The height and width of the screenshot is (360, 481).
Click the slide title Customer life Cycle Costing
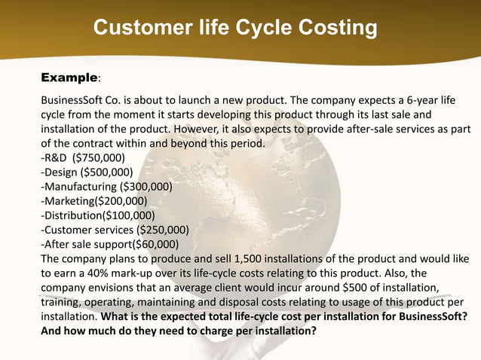coord(234,29)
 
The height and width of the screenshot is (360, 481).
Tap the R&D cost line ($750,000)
coord(83,157)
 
